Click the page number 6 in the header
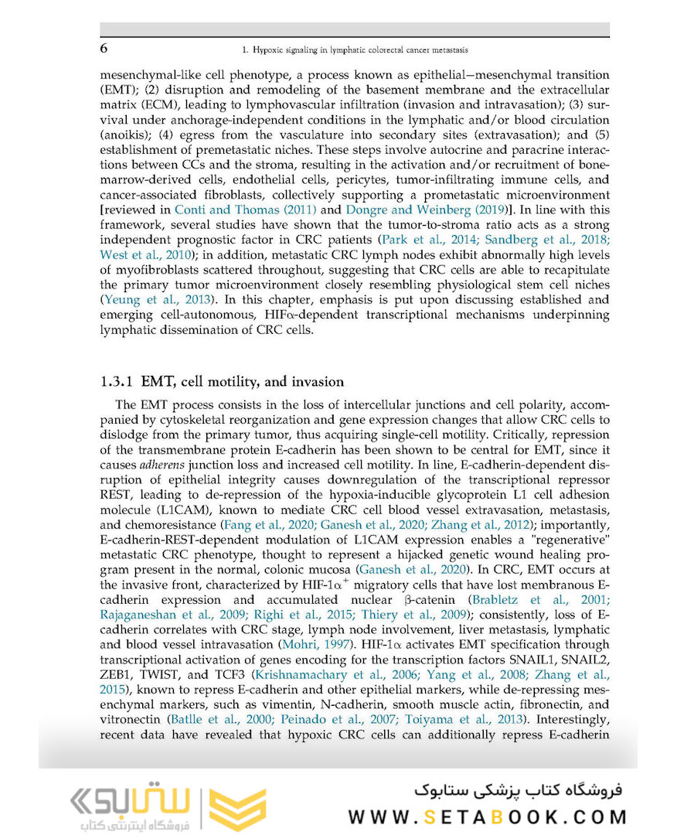tap(105, 49)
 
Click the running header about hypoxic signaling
tap(356, 49)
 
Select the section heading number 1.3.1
tap(118, 382)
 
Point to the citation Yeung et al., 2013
tap(151, 299)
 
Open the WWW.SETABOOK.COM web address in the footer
tap(488, 816)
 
